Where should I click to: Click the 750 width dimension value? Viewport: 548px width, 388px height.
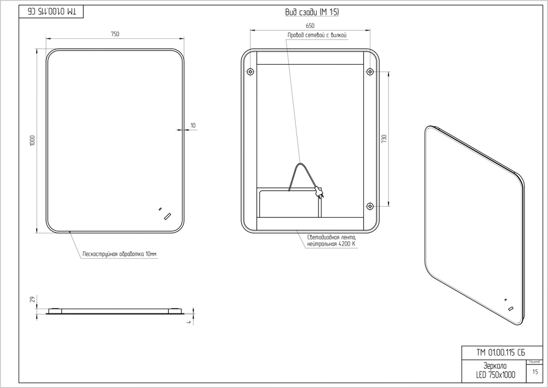pyautogui.click(x=115, y=34)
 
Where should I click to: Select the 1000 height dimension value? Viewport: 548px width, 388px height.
pyautogui.click(x=32, y=140)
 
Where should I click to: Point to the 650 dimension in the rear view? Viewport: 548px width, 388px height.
pyautogui.click(x=310, y=26)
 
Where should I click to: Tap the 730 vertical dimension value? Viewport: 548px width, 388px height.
pyautogui.click(x=385, y=139)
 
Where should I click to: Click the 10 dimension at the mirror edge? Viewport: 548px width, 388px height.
pyautogui.click(x=193, y=125)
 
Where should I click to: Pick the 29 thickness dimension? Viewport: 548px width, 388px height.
pyautogui.click(x=32, y=299)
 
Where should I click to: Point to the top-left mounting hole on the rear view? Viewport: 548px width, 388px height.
pyautogui.click(x=250, y=72)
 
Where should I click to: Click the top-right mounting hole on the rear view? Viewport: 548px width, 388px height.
pyautogui.click(x=370, y=72)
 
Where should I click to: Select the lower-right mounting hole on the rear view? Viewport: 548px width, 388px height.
pyautogui.click(x=370, y=206)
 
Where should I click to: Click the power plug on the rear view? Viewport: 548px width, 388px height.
pyautogui.click(x=319, y=192)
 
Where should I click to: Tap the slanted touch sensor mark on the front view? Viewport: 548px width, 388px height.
pyautogui.click(x=167, y=216)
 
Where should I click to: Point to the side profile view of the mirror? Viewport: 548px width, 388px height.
pyautogui.click(x=115, y=311)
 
